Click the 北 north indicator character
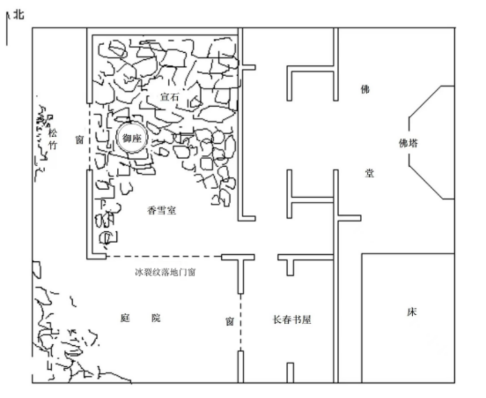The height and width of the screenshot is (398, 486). (x=18, y=15)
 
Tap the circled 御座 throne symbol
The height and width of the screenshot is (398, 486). (x=132, y=139)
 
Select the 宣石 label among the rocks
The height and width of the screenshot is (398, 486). (x=170, y=97)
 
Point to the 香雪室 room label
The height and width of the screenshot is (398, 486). (x=161, y=211)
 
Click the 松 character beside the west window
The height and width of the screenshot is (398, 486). (x=53, y=134)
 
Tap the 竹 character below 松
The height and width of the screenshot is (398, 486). (x=53, y=145)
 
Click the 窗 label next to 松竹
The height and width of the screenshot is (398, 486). (x=79, y=140)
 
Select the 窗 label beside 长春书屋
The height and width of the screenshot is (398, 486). (x=230, y=322)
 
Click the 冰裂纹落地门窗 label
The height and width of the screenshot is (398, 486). (x=165, y=272)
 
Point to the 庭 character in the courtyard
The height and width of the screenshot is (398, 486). (x=125, y=318)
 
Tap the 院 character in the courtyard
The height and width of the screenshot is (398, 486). (x=156, y=318)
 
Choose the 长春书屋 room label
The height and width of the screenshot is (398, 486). (x=292, y=319)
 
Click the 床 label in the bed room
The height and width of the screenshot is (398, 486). (x=411, y=312)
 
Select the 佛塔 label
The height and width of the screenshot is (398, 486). (x=408, y=143)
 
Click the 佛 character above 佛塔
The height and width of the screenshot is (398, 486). (x=365, y=89)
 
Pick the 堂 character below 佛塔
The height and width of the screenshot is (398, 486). (x=369, y=173)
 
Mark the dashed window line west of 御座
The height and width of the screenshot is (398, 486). (x=89, y=136)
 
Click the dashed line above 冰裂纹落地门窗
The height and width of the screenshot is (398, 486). (x=164, y=257)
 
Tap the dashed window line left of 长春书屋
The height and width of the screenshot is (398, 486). (x=241, y=322)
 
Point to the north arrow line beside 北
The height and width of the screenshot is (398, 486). (x=7, y=29)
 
